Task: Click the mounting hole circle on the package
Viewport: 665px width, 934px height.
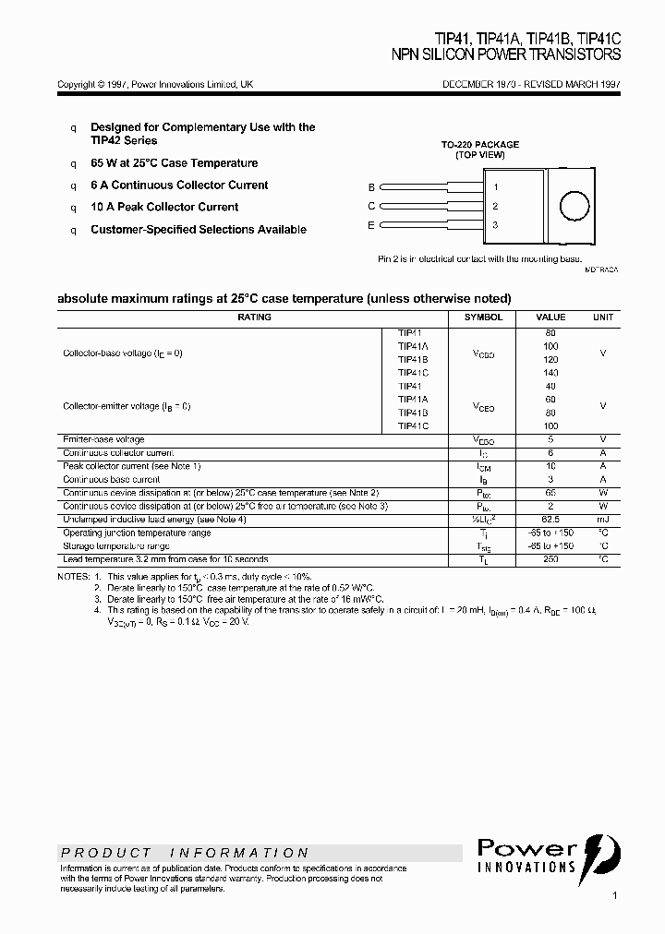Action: click(x=574, y=205)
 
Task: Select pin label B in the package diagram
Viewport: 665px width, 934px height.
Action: click(x=371, y=186)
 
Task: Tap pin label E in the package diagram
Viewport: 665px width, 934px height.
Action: click(x=371, y=225)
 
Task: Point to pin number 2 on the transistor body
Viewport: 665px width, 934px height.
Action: click(x=495, y=206)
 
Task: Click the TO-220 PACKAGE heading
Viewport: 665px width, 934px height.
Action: click(x=479, y=145)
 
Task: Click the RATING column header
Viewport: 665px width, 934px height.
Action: click(x=255, y=317)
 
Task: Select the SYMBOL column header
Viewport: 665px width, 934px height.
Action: click(x=483, y=317)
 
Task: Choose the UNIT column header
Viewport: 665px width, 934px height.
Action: click(x=602, y=317)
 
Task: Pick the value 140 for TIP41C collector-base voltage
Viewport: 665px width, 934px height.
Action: click(x=550, y=373)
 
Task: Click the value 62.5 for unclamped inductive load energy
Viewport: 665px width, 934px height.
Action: click(x=550, y=520)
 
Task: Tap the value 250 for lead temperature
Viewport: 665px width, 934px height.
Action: click(x=550, y=559)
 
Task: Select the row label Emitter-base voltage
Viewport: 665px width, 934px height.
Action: click(x=103, y=440)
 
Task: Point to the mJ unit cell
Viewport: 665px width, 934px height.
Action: click(x=602, y=520)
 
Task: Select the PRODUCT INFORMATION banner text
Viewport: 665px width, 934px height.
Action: click(x=186, y=853)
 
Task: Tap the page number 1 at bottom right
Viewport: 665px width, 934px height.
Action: click(x=615, y=895)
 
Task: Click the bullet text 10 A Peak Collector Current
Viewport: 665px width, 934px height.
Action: click(x=164, y=208)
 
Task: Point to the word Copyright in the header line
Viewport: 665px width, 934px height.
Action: click(x=75, y=84)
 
